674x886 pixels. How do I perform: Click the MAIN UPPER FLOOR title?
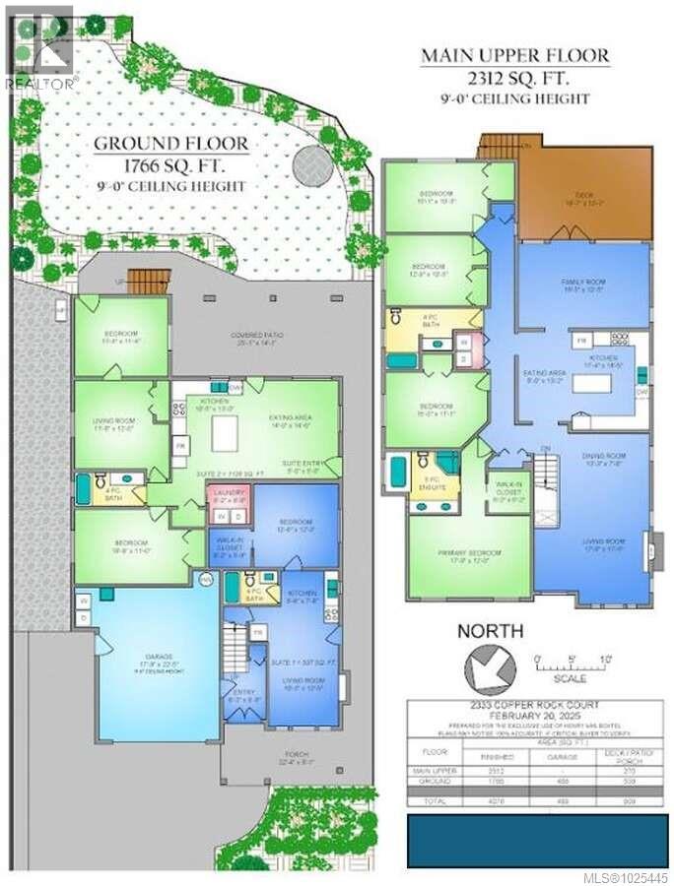tap(515, 55)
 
